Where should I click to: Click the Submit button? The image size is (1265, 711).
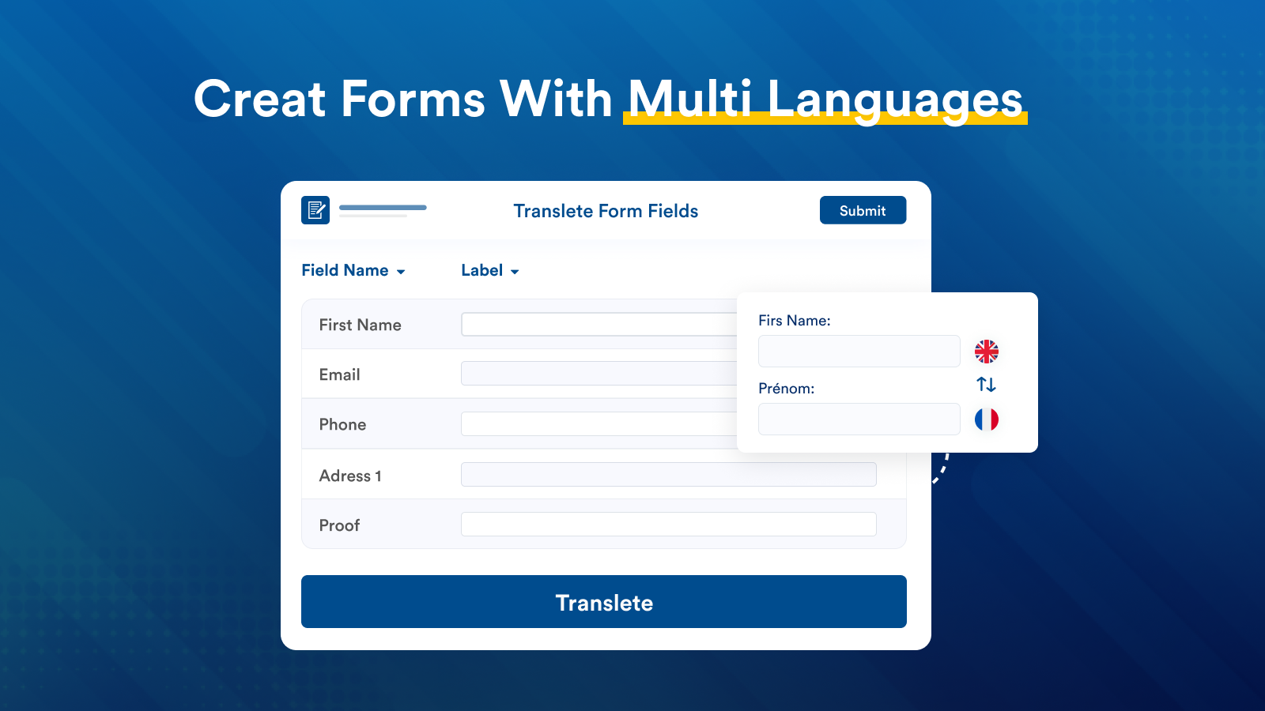click(x=863, y=210)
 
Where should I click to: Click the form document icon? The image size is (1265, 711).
click(x=315, y=210)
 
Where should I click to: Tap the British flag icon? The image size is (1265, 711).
click(x=986, y=352)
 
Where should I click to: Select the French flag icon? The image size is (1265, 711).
click(x=986, y=419)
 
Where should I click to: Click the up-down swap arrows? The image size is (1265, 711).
click(x=986, y=385)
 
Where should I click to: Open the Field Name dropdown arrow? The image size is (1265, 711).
click(x=401, y=272)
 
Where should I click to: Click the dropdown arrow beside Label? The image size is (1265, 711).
click(x=515, y=272)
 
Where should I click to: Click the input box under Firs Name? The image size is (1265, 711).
click(x=859, y=352)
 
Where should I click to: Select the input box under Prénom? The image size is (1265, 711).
click(x=859, y=419)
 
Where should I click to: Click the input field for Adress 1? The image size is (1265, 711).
click(x=668, y=475)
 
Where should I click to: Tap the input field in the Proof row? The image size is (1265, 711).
click(x=668, y=525)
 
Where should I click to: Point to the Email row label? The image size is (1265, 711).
click(x=339, y=374)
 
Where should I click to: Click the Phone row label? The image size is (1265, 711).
click(x=342, y=424)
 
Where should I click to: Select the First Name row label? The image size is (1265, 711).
click(x=360, y=325)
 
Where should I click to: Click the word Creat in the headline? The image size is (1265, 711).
click(x=260, y=100)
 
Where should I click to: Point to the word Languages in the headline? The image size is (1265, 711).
click(x=895, y=101)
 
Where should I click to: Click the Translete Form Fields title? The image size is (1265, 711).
click(x=606, y=211)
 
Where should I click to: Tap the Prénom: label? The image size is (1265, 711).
click(x=786, y=389)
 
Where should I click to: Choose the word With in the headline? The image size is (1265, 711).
click(x=556, y=100)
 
